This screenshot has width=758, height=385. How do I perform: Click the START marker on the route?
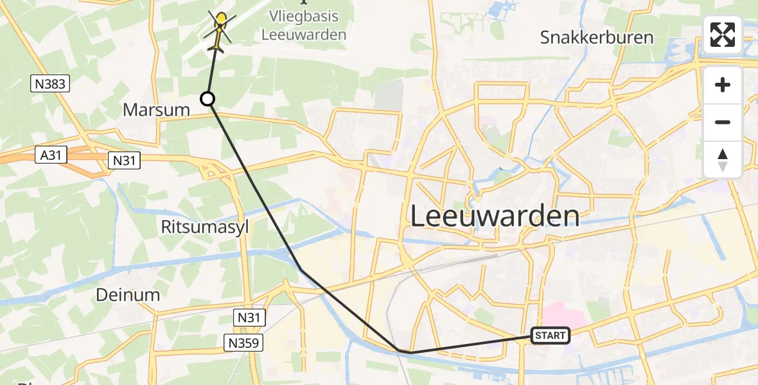550,336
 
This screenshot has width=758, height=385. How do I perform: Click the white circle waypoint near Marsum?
207,99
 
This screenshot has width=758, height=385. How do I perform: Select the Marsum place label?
156,110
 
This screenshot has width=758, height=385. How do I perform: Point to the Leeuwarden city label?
494,216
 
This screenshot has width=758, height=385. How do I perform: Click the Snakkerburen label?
597,37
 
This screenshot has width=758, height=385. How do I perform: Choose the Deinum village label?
127,295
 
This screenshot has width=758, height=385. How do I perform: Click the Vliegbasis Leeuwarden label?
304,26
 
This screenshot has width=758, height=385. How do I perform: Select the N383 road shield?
49,83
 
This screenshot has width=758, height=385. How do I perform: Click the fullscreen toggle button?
723,35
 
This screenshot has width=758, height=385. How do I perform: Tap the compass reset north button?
723,160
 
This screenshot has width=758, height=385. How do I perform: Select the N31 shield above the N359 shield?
249,316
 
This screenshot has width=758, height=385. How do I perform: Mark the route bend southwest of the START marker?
403,352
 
